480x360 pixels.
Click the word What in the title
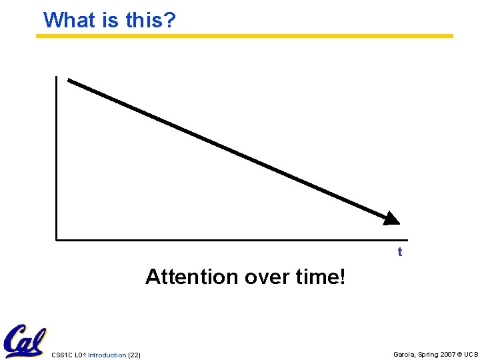pos(70,20)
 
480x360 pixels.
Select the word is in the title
pos(111,20)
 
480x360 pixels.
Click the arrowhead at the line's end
pos(391,218)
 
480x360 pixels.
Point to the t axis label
pos(400,252)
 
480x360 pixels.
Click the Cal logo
pos(25,341)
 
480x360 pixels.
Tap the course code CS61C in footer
pos(61,355)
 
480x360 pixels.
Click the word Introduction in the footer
pos(107,355)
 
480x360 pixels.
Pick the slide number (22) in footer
pos(134,355)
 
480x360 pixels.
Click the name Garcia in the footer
pos(405,354)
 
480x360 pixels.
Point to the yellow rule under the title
pos(245,36)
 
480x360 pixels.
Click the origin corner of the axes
pos(57,238)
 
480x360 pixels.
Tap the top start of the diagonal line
pos(69,81)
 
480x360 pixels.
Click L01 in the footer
pos(81,355)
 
